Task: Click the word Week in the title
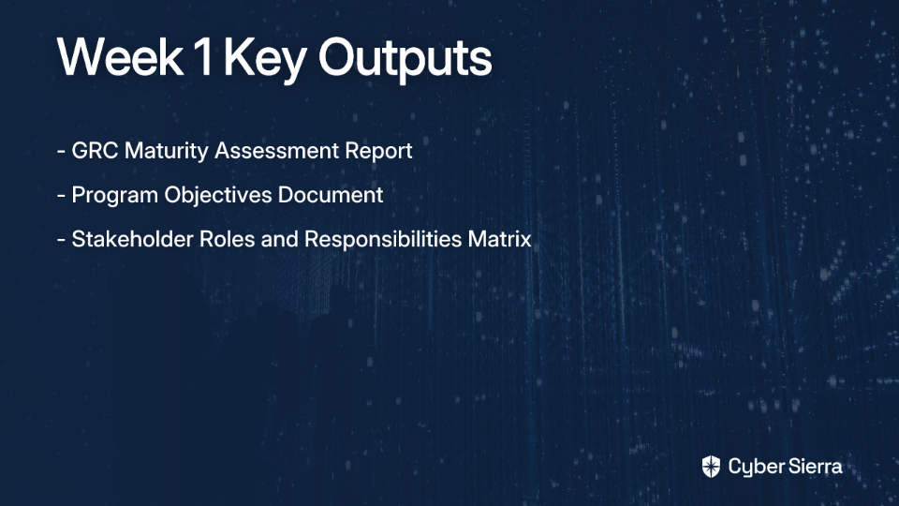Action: (x=120, y=57)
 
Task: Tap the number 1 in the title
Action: (x=202, y=57)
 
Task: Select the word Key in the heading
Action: (x=265, y=60)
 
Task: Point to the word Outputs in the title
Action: (x=405, y=59)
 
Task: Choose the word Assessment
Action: (x=276, y=151)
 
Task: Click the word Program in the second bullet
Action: (x=114, y=196)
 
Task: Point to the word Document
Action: (x=331, y=195)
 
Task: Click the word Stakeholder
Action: (x=132, y=239)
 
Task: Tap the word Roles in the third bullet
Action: (x=227, y=239)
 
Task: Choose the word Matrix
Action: (x=499, y=239)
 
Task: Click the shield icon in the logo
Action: (x=711, y=467)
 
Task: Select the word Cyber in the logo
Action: (x=753, y=468)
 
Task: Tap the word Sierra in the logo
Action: (x=814, y=467)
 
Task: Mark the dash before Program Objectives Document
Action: (x=62, y=196)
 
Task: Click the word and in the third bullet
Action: (x=280, y=239)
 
